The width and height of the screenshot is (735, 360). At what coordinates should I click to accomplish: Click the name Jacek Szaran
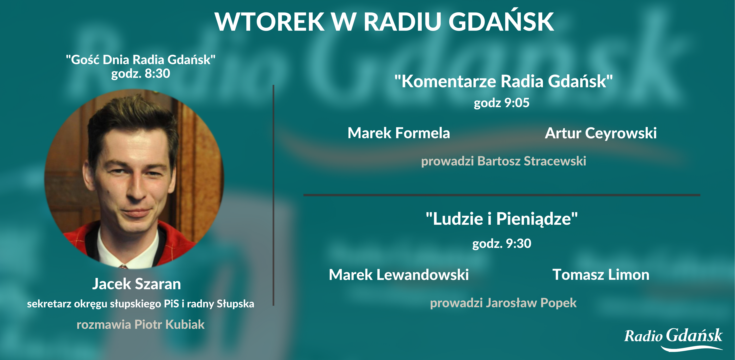click(136, 284)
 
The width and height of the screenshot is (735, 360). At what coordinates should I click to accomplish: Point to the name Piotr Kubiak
click(169, 325)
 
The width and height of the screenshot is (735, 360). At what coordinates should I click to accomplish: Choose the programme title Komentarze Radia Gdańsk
click(504, 81)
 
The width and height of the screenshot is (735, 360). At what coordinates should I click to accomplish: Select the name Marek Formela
click(399, 133)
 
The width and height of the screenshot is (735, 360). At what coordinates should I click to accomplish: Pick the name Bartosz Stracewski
click(532, 161)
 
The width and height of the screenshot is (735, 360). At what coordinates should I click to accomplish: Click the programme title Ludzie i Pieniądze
click(502, 219)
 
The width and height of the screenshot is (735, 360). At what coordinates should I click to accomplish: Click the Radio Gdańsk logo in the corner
click(673, 339)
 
